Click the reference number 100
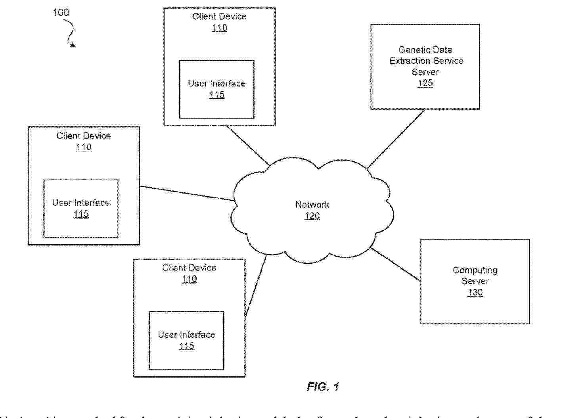pos(61,12)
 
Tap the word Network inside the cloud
pos(312,205)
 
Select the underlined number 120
pos(312,216)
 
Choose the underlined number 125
pos(425,83)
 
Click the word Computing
pos(475,270)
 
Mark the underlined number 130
pos(475,293)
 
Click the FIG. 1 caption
pos(323,387)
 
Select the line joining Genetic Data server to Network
pos(396,139)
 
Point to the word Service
pos(448,61)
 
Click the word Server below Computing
pos(475,281)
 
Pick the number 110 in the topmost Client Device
pos(220,28)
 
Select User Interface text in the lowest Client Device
pos(186,335)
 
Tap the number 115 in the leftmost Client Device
pos(81,214)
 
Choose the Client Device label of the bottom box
pos(189,268)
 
